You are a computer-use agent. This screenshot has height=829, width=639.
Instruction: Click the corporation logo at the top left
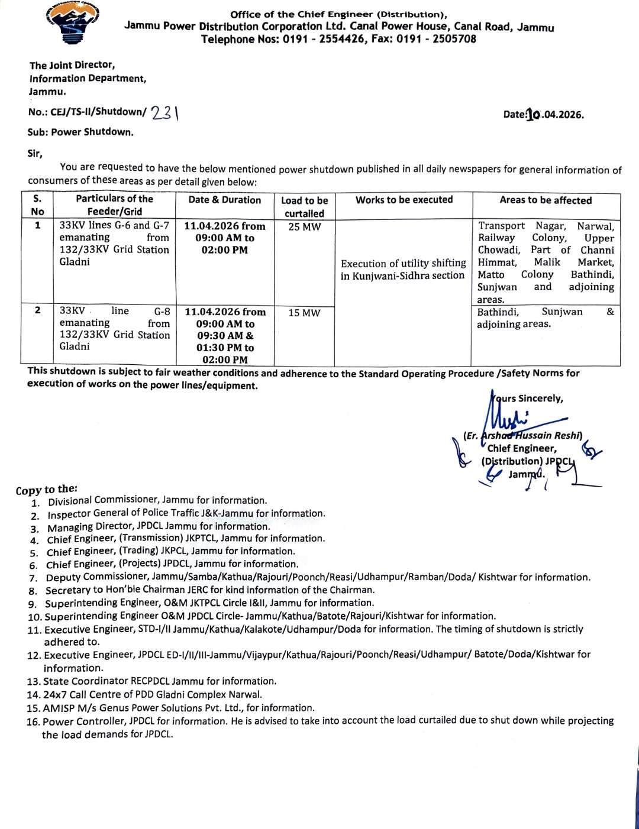pos(72,24)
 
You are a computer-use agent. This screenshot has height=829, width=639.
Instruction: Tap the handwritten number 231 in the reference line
pos(165,112)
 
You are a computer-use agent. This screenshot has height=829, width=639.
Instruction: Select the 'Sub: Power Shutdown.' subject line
pos(80,132)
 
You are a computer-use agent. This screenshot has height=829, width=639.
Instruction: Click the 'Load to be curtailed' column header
pos(304,207)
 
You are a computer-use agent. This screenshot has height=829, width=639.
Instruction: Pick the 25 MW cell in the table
pos(304,226)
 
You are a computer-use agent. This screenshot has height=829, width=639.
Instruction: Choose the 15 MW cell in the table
pos(304,313)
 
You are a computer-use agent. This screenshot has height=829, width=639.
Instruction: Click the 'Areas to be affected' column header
pos(545,200)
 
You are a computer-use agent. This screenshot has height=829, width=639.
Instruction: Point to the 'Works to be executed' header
pos(404,200)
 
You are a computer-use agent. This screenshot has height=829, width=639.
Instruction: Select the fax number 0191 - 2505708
pos(436,40)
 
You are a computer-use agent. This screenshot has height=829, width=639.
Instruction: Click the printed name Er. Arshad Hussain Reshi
pos(523,436)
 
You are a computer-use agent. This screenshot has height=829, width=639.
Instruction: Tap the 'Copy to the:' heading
pos(47,490)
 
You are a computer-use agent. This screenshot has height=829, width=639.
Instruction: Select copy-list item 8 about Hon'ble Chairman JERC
pos(210,590)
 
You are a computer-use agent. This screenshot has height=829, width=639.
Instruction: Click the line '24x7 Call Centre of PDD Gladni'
pos(152,694)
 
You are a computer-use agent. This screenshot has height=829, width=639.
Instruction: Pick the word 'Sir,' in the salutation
pos(35,154)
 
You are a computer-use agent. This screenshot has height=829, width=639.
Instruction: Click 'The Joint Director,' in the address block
pos(72,65)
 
